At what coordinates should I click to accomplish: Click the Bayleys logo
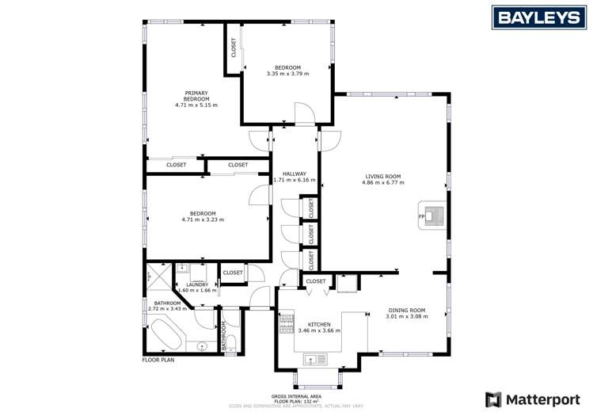tap(535, 17)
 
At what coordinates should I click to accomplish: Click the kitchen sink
tap(316, 359)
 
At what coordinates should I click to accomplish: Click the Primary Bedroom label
tap(196, 96)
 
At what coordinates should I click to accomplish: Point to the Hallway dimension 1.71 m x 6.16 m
tap(294, 181)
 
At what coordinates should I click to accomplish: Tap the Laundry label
tap(197, 284)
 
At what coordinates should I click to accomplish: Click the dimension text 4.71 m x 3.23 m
tap(203, 220)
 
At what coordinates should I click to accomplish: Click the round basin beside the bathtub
tap(203, 346)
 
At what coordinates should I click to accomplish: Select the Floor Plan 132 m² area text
tap(295, 400)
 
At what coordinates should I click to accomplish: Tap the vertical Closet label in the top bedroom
tap(234, 48)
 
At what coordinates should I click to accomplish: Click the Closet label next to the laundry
tap(233, 273)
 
